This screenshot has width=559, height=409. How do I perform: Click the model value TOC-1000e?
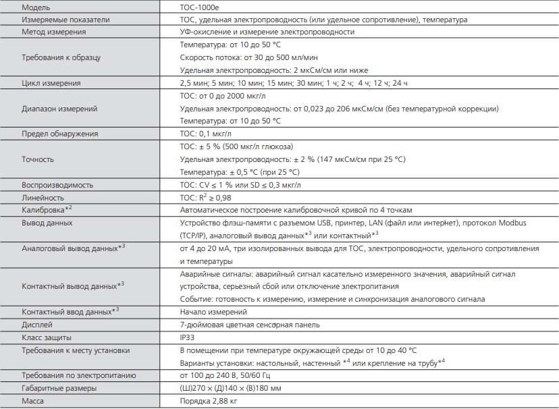pyautogui.click(x=200, y=7)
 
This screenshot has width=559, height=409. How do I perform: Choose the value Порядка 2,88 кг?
pyautogui.click(x=209, y=402)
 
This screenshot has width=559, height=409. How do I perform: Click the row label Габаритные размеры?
pyautogui.click(x=59, y=389)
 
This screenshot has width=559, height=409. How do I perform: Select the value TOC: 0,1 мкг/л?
pyautogui.click(x=211, y=134)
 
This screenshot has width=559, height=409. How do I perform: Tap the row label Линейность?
pyautogui.click(x=43, y=197)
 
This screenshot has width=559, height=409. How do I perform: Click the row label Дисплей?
pyautogui.click(x=38, y=324)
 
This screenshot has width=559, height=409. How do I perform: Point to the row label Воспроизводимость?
pyautogui.click(x=57, y=184)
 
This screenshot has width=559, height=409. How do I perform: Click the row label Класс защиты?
pyautogui.click(x=47, y=337)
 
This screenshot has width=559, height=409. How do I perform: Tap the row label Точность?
pyautogui.click(x=38, y=159)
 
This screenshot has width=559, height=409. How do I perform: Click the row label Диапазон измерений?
pyautogui.click(x=59, y=108)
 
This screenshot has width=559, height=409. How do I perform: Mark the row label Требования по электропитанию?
pyautogui.click(x=80, y=375)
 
